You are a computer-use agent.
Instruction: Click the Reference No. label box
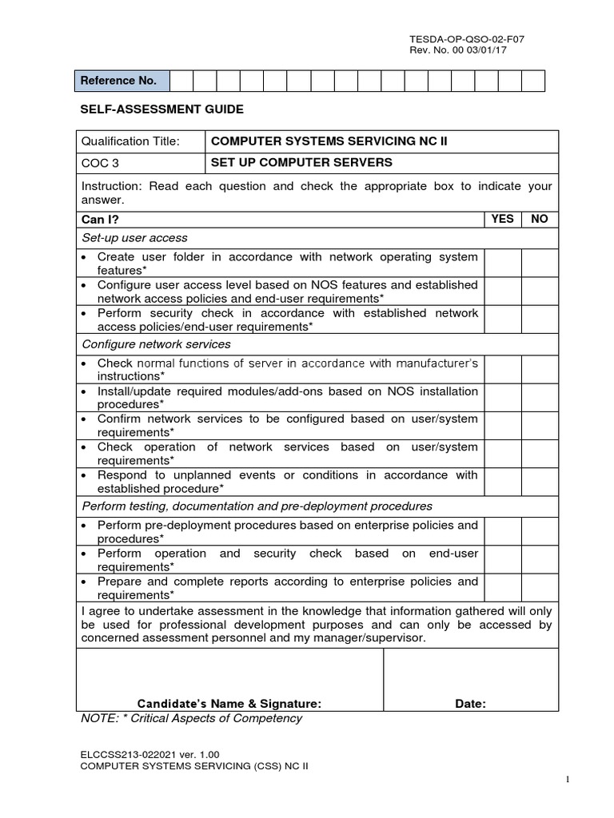[122, 81]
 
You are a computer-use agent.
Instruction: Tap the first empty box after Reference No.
[181, 81]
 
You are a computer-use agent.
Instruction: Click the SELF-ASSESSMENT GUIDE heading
[161, 109]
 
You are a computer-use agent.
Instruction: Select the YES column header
[502, 219]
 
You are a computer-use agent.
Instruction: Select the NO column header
[540, 219]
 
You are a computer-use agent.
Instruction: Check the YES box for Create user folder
[502, 263]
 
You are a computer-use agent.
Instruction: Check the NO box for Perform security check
[540, 320]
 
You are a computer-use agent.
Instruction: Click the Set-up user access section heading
[135, 237]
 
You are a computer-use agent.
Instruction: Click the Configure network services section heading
[157, 344]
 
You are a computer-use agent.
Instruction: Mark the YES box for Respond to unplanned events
[502, 481]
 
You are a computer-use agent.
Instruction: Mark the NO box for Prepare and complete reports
[540, 587]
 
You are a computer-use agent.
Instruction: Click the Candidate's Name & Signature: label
[229, 704]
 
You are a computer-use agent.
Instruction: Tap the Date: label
[470, 704]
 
